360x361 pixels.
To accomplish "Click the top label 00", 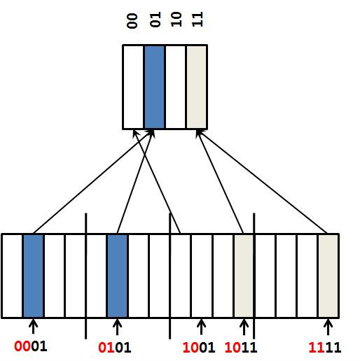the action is coord(132,21).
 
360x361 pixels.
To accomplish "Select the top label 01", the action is coord(155,20).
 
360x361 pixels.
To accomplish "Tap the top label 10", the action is coord(176,20).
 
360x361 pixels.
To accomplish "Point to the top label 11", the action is coord(198,20).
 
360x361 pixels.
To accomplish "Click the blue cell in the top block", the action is coord(154,87).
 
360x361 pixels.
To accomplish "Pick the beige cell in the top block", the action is coord(197,87).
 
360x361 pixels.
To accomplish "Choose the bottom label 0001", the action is coord(31,346).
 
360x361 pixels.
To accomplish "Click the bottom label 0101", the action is coord(115,347).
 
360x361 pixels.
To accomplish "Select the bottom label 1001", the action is coord(199,347).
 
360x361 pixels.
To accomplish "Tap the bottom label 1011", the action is coord(241,347).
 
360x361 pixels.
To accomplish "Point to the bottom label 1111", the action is coord(325,347).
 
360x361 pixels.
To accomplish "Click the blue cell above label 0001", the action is coord(33,276).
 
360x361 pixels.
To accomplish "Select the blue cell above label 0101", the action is coord(117,276).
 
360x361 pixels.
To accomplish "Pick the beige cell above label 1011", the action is coord(244,276).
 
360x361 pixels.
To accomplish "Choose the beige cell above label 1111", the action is coord(328,276).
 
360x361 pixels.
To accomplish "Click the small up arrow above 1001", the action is coord(201,327).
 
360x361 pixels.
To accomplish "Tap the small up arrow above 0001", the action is coord(33,326).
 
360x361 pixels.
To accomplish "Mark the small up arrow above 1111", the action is coord(328,327).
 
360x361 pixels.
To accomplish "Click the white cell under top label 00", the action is coord(133,87).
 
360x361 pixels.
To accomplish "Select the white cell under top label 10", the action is coord(175,87).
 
